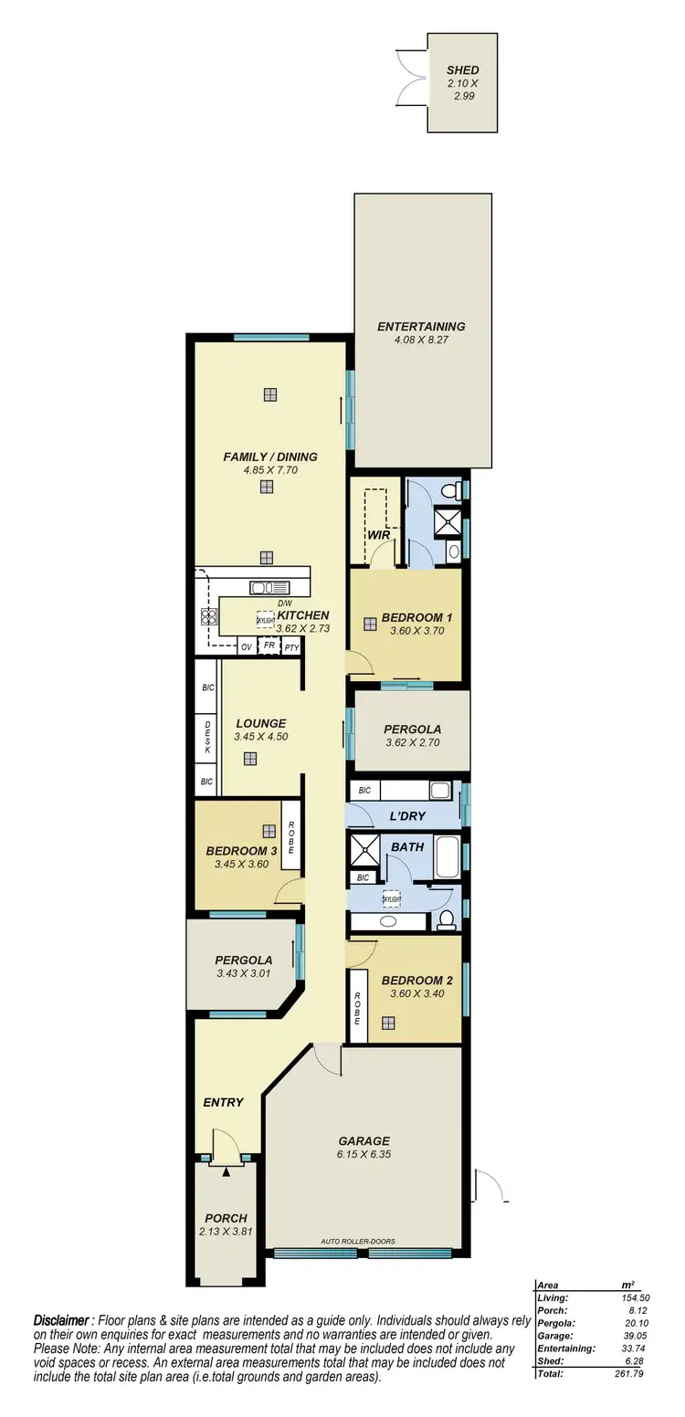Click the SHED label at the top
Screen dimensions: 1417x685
click(462, 69)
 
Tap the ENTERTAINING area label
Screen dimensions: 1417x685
click(421, 326)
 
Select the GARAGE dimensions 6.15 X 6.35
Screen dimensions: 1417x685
click(364, 1154)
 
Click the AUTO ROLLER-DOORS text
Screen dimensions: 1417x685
click(358, 1242)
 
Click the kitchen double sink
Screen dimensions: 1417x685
click(270, 588)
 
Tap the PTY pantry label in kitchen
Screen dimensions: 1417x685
click(291, 648)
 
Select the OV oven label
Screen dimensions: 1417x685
click(246, 647)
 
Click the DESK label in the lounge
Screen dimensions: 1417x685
click(207, 736)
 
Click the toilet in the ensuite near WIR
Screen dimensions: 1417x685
click(450, 491)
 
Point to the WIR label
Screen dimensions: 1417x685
click(379, 535)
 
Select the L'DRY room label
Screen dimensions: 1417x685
click(407, 815)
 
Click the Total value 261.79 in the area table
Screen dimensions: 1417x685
click(629, 1399)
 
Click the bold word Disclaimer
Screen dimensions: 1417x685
click(62, 1320)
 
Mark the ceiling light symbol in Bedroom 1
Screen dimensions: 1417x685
click(370, 625)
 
